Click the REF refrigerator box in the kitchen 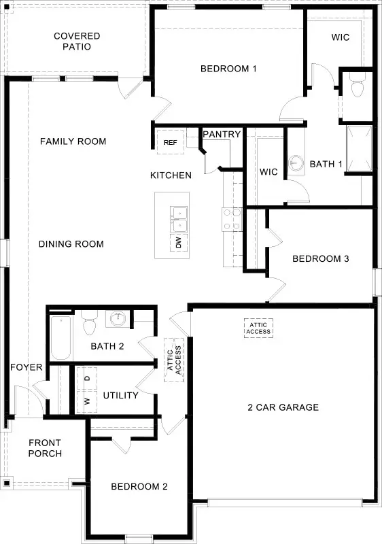tap(170, 143)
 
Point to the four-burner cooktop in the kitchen tap(231, 220)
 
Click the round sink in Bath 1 tap(296, 163)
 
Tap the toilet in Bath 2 tap(88, 324)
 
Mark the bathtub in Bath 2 tap(60, 338)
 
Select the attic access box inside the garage tap(258, 328)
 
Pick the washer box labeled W tap(88, 401)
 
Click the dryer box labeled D tap(88, 377)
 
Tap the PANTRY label tap(222, 135)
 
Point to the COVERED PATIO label tap(77, 41)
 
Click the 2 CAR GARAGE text tap(283, 407)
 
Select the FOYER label tap(27, 368)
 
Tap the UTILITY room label tap(121, 395)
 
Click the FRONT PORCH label tap(45, 448)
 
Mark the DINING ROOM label tap(71, 244)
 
